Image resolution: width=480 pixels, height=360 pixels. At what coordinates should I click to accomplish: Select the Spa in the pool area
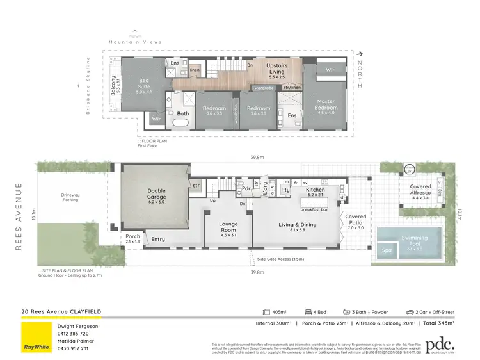coord(387,250)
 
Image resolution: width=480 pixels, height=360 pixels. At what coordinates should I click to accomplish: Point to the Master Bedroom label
coord(326,106)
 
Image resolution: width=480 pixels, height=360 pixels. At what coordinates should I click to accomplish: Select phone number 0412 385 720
coord(74,333)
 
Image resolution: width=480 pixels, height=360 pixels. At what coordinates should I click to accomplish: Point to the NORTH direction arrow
coord(361,56)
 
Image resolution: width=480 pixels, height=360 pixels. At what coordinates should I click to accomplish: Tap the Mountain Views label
coord(135,42)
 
